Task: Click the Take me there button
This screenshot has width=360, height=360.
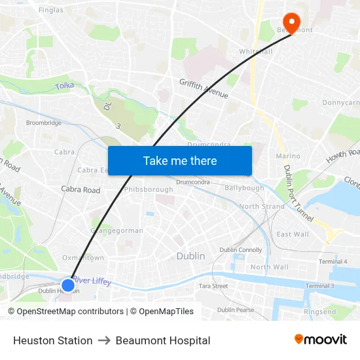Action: click(180, 160)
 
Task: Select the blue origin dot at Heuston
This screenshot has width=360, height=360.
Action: click(67, 285)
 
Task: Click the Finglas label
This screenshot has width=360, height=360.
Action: click(51, 10)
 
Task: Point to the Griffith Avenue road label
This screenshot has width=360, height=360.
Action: click(204, 88)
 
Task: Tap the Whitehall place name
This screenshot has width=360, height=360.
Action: click(255, 51)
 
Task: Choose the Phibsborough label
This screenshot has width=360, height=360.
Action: click(149, 189)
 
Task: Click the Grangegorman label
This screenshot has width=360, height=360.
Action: click(117, 230)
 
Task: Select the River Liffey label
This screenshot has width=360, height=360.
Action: click(92, 281)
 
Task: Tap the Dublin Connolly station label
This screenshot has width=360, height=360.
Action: click(241, 249)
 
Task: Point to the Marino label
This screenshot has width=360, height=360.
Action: click(288, 156)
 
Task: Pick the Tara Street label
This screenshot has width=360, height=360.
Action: click(213, 286)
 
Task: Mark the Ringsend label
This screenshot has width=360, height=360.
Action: click(319, 312)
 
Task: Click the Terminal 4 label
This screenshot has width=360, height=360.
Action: click(333, 262)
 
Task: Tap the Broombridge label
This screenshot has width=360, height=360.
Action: click(43, 122)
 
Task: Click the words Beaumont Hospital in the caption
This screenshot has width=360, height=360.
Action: click(163, 340)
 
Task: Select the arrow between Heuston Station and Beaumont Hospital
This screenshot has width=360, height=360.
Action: click(104, 340)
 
